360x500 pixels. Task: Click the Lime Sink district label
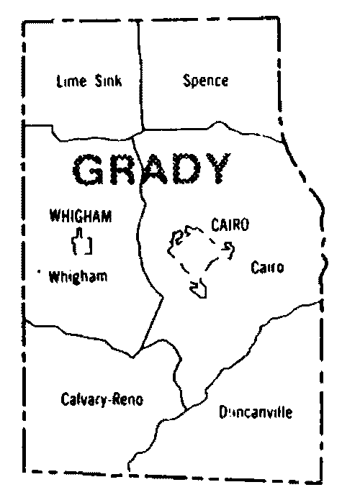coord(89,81)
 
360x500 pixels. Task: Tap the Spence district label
coord(205,80)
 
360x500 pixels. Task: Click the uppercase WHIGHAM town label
coord(81,216)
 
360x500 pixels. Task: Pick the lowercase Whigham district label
coord(79,276)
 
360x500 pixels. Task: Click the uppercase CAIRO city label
coord(230,225)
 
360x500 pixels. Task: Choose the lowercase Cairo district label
coord(267,268)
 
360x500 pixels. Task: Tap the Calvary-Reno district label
coord(102,401)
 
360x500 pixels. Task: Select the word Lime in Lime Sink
coord(71,81)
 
